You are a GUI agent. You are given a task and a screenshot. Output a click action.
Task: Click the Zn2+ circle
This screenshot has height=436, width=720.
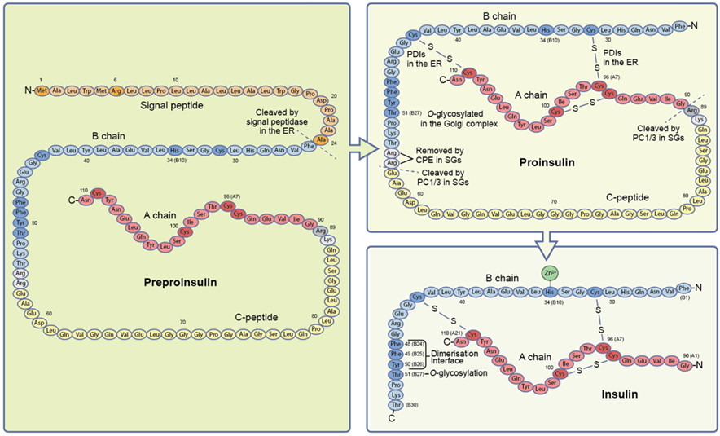[549, 273]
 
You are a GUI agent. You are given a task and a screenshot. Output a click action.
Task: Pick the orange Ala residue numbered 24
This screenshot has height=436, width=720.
[321, 139]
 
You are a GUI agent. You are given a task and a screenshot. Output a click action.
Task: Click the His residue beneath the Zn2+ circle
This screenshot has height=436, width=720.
[549, 291]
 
